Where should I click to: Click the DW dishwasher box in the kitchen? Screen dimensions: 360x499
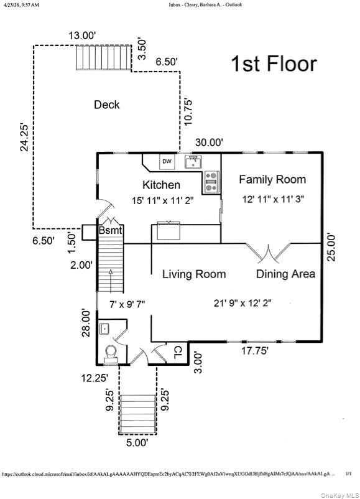167,162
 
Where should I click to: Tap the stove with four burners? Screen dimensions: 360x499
211,182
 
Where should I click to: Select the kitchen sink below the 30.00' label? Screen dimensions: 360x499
193,162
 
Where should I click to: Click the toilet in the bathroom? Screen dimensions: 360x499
111,355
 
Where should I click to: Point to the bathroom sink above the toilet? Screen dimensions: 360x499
104,329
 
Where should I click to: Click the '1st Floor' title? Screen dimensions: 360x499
274,63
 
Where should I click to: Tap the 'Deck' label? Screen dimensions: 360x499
107,105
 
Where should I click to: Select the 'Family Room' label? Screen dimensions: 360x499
272,179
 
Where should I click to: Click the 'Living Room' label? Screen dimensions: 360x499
194,274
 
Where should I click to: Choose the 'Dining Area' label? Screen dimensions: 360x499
285,274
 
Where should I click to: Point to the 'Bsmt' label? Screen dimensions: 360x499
110,230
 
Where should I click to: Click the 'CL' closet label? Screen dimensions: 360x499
177,352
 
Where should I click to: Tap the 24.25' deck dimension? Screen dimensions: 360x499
24,137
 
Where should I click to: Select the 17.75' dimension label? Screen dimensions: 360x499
255,351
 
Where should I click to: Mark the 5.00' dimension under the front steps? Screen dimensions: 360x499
137,442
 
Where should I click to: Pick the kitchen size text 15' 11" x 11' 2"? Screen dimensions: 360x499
163,201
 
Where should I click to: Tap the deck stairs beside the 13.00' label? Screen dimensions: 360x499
104,58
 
